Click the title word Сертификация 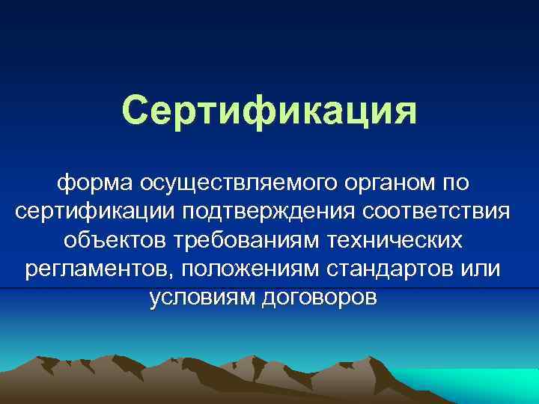pyautogui.click(x=269, y=111)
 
